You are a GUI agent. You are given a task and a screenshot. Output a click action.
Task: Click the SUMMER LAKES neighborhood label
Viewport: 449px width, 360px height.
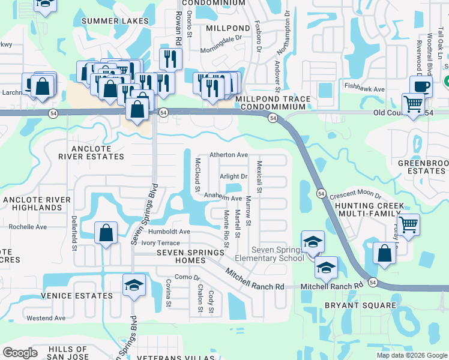point(115,21)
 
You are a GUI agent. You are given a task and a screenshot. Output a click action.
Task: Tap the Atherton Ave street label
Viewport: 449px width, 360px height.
point(229,155)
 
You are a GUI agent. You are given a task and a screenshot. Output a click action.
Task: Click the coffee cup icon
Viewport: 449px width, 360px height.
point(421,85)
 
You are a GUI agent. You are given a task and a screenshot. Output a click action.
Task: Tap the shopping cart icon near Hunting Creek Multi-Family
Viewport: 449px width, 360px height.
point(408,226)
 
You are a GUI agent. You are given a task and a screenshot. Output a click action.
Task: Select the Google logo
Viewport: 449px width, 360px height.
point(20,353)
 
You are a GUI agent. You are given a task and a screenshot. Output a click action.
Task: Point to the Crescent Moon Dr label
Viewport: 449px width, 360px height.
point(355,196)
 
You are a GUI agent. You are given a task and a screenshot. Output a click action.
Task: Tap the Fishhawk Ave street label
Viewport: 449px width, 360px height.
point(364,89)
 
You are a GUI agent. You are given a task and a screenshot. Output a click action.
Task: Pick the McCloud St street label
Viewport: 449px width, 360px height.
point(197,175)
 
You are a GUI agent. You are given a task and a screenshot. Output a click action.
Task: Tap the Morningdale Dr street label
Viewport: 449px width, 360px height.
point(221,45)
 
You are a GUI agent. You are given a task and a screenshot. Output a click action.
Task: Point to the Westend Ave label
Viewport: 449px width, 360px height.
point(46,317)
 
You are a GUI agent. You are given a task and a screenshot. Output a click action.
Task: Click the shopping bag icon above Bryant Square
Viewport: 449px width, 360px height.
point(384,253)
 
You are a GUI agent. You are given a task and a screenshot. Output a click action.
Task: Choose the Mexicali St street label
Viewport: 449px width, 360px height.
point(259,176)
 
